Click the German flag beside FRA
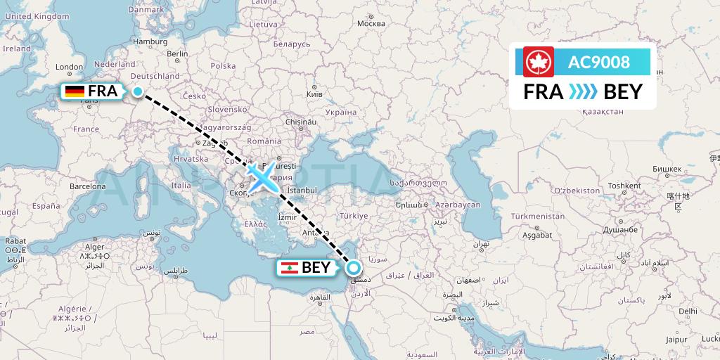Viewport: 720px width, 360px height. pyautogui.click(x=74, y=91)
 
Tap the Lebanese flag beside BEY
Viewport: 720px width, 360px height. pyautogui.click(x=288, y=268)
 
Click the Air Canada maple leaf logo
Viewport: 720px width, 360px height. pyautogui.click(x=539, y=62)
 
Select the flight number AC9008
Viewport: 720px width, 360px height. pyautogui.click(x=599, y=63)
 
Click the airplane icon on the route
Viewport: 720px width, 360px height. pyautogui.click(x=262, y=179)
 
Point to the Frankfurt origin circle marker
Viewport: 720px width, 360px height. pyautogui.click(x=138, y=91)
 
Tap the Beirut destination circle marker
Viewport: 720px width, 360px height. pyautogui.click(x=353, y=267)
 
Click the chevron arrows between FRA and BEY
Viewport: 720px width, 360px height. pyautogui.click(x=582, y=92)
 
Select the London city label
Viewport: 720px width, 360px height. pyautogui.click(x=69, y=67)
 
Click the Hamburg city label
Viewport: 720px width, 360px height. pyautogui.click(x=150, y=41)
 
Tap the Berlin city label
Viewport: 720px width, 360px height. pyautogui.click(x=177, y=53)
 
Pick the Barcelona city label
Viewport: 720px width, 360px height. pyautogui.click(x=87, y=186)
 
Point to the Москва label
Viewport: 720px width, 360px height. pyautogui.click(x=371, y=23)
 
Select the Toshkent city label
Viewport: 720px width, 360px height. pyautogui.click(x=624, y=186)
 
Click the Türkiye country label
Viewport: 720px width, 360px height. pyautogui.click(x=353, y=216)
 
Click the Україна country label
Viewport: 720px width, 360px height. pyautogui.click(x=341, y=112)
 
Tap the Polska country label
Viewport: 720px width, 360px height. pyautogui.click(x=223, y=66)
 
